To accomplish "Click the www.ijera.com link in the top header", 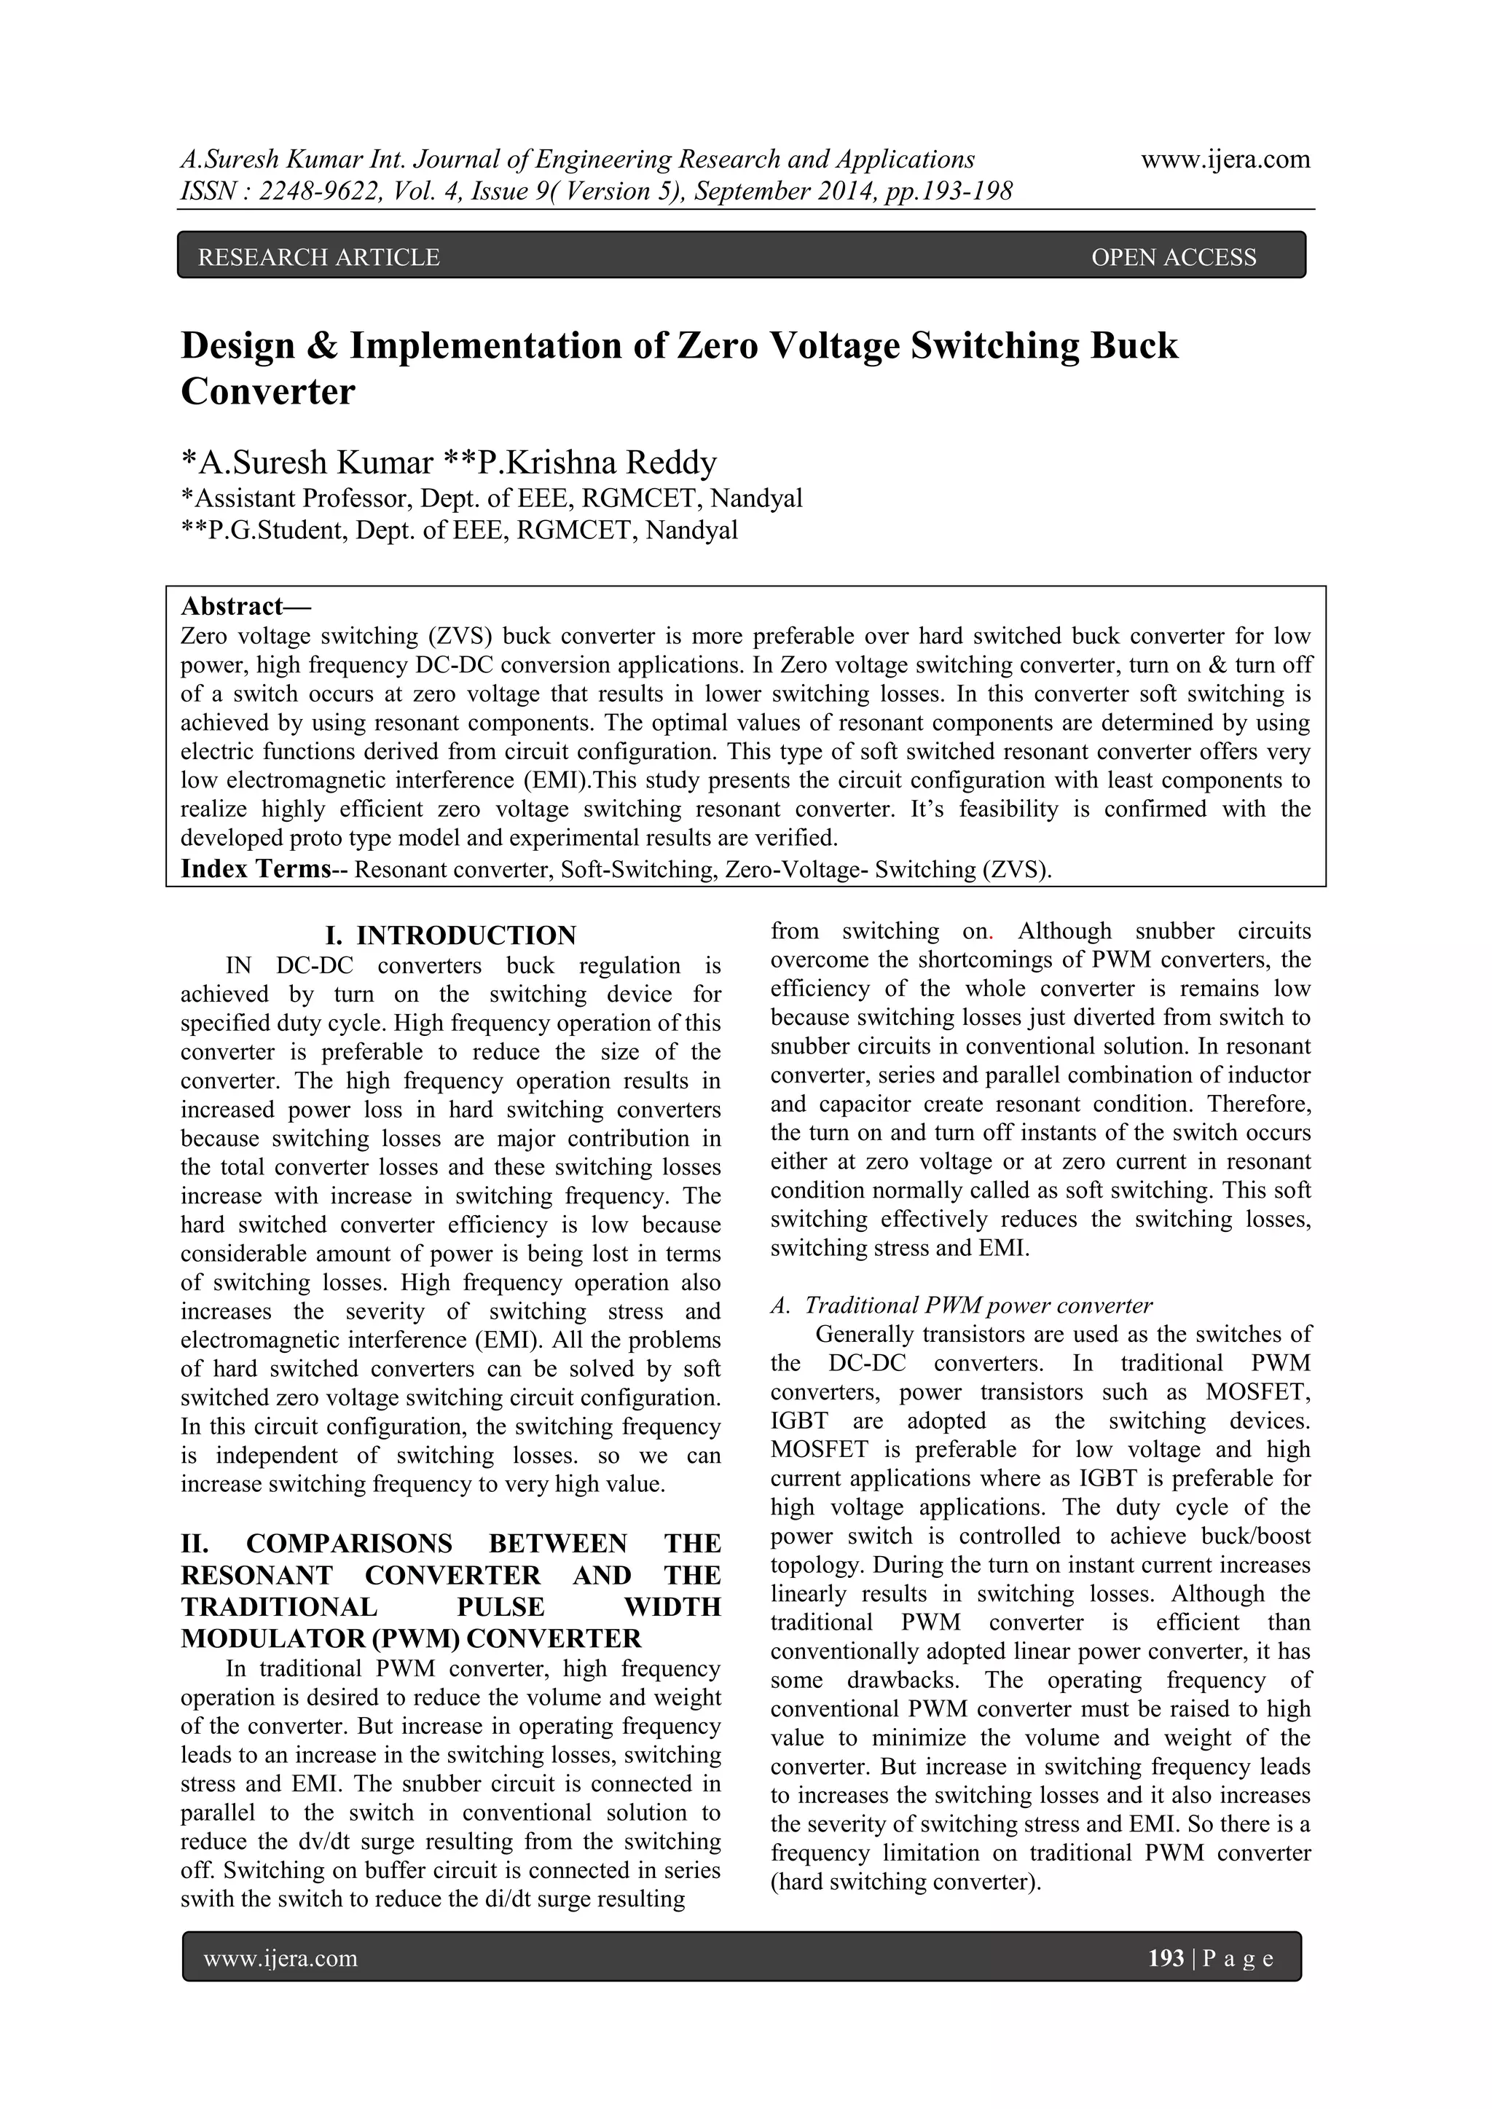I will (x=1225, y=160).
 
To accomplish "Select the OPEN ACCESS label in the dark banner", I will (x=1173, y=257).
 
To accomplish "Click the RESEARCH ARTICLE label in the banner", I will (x=319, y=257).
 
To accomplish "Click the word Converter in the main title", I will (x=267, y=392).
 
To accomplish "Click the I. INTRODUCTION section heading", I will (x=451, y=935).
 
